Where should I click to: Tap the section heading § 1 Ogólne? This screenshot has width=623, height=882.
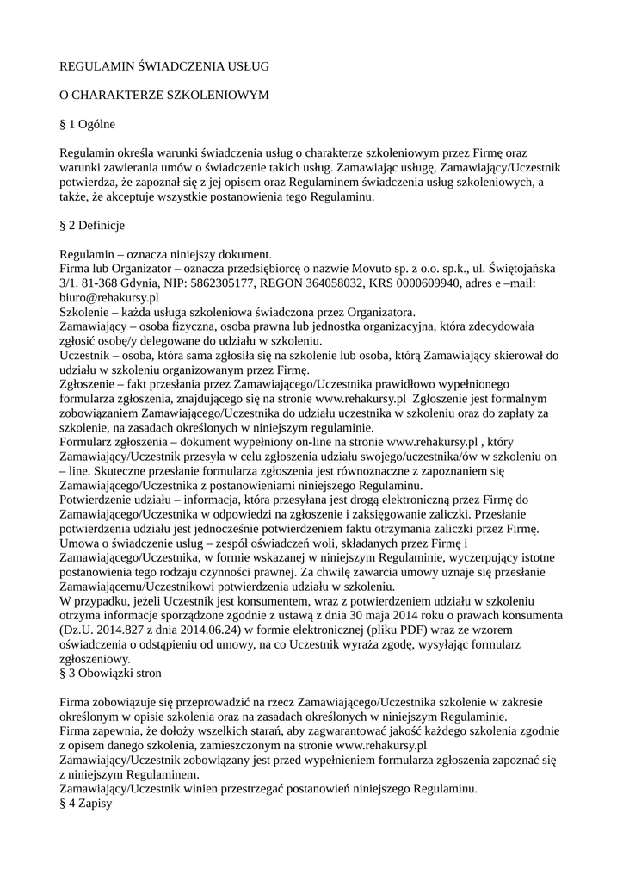coord(87,124)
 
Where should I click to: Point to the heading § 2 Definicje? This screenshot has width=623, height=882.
coord(92,225)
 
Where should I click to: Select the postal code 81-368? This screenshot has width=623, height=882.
coord(95,283)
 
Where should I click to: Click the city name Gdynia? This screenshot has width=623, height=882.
coord(142,283)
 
